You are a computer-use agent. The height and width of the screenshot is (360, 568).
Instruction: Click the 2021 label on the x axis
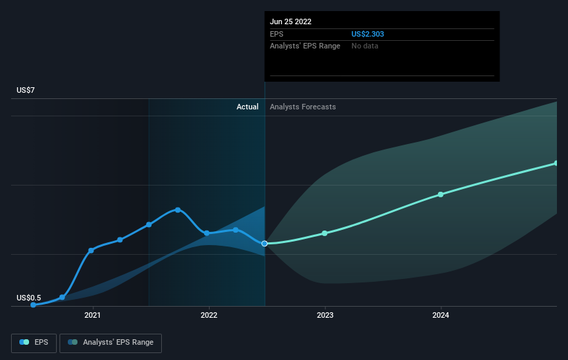pyautogui.click(x=93, y=315)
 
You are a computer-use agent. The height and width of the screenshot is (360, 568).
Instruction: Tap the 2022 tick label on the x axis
pyautogui.click(x=209, y=315)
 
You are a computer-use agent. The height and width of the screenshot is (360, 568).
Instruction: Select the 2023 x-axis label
pyautogui.click(x=325, y=315)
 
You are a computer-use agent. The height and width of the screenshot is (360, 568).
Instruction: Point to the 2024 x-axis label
pyautogui.click(x=441, y=315)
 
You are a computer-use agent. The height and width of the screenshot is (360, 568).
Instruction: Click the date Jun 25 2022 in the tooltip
pyautogui.click(x=291, y=21)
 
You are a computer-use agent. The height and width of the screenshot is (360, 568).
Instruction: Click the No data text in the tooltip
pyautogui.click(x=365, y=46)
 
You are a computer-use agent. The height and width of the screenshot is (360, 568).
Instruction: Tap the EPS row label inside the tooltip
pyautogui.click(x=277, y=34)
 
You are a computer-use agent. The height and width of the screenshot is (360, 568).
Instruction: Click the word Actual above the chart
pyautogui.click(x=247, y=107)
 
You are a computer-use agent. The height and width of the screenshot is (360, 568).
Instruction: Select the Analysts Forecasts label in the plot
pyautogui.click(x=302, y=107)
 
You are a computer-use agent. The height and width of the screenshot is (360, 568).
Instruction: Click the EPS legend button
pyautogui.click(x=35, y=342)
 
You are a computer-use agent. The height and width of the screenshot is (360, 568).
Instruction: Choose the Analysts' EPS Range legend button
pyautogui.click(x=111, y=342)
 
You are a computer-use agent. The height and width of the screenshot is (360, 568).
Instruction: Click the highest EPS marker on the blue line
pyautogui.click(x=178, y=210)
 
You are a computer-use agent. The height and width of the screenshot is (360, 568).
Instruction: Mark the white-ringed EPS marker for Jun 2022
pyautogui.click(x=264, y=244)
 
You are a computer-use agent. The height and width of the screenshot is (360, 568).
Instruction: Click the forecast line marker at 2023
pyautogui.click(x=324, y=233)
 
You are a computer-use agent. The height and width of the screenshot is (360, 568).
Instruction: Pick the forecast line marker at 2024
pyautogui.click(x=441, y=195)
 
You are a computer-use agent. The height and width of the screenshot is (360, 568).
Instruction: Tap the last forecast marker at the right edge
pyautogui.click(x=556, y=163)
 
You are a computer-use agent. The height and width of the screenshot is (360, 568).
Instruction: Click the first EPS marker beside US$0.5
pyautogui.click(x=33, y=305)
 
